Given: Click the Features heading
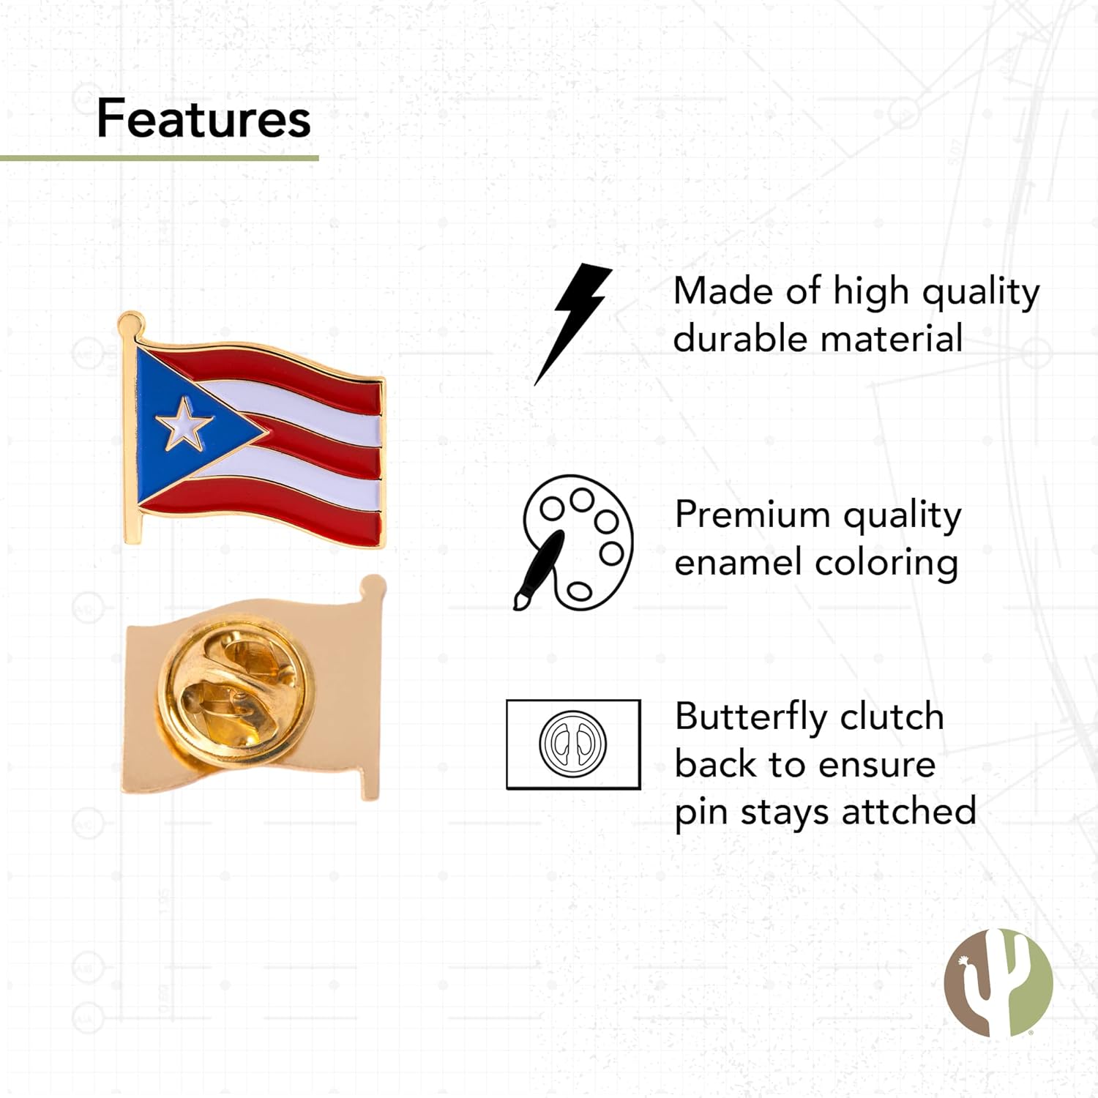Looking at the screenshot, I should click(x=203, y=119).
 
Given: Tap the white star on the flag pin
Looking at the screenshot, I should click(x=183, y=424).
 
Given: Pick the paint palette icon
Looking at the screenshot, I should click(x=575, y=542).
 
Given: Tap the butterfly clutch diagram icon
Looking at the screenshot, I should click(x=573, y=744).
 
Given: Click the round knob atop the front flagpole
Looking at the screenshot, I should click(x=130, y=321).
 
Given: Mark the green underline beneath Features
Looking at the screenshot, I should click(x=159, y=157).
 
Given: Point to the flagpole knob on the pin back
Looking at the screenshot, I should click(x=373, y=586).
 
